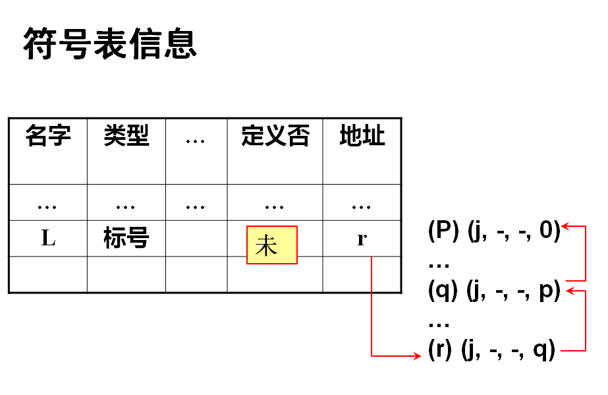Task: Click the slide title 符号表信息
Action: coord(110,44)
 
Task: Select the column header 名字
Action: coord(48,136)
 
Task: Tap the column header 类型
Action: coord(126,136)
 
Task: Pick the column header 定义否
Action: coord(275,136)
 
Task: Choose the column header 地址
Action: coord(362,136)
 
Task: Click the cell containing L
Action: coord(48,238)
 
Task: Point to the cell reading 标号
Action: coord(126,238)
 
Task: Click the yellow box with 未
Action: coord(272,245)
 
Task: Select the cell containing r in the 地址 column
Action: coord(362,239)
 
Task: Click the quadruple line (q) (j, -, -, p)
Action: coord(493,290)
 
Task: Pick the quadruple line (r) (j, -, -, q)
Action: coord(491,349)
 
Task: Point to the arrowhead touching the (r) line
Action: coord(416,356)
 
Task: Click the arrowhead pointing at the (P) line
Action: coord(565,227)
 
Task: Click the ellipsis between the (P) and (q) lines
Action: coord(439,264)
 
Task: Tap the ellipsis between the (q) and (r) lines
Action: coord(439,324)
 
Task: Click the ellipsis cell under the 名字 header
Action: coord(47,206)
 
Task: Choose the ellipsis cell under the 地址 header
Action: coord(362,206)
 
